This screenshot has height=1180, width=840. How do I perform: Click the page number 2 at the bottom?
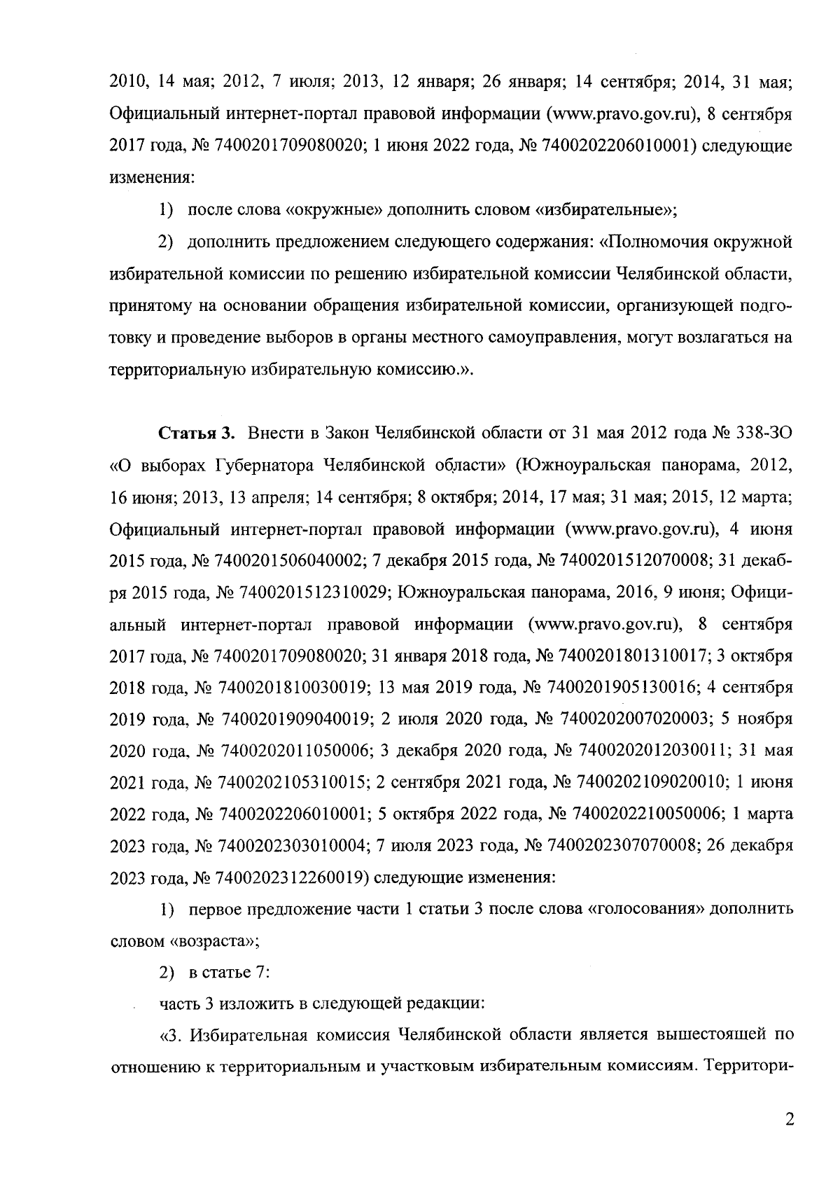(x=790, y=1121)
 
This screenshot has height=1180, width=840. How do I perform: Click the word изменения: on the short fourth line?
(x=152, y=178)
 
